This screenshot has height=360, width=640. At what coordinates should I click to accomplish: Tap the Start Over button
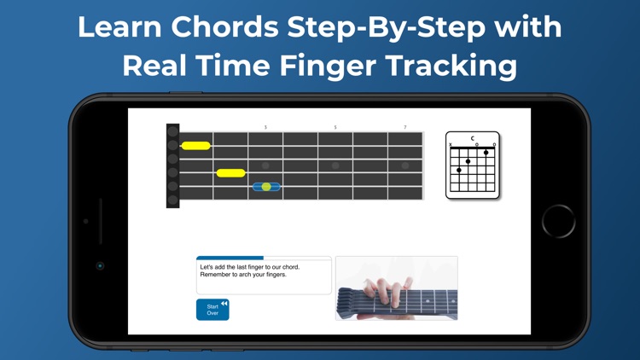tap(212, 310)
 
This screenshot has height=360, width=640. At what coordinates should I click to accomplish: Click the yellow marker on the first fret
tap(196, 146)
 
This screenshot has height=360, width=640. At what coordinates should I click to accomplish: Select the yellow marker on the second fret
tap(231, 173)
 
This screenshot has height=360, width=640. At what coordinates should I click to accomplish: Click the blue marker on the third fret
tap(266, 187)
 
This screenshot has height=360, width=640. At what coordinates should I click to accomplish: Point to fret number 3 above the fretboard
tap(265, 127)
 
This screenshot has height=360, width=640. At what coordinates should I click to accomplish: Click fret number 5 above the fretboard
tap(335, 127)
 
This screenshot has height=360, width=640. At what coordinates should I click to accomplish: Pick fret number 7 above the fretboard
tap(404, 127)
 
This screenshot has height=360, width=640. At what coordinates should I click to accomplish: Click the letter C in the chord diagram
tap(473, 138)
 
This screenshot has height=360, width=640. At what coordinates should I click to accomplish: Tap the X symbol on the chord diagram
tap(451, 144)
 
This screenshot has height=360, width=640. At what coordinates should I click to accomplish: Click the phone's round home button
tap(558, 221)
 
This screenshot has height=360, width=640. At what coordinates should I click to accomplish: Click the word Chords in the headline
tap(224, 27)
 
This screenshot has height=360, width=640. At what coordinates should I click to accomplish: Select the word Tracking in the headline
tap(451, 67)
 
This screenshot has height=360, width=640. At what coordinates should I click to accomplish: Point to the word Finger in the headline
tap(328, 67)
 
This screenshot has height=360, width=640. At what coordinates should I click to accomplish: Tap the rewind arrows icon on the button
tap(224, 303)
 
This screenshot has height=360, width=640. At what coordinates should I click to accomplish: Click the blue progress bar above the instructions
tap(230, 258)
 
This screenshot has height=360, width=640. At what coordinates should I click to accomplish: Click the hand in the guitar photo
tap(387, 293)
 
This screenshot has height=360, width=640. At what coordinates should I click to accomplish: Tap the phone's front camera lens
tap(100, 265)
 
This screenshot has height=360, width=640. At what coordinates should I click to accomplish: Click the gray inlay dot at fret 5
tap(335, 165)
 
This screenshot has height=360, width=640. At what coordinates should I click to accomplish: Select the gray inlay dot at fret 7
tap(404, 165)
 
